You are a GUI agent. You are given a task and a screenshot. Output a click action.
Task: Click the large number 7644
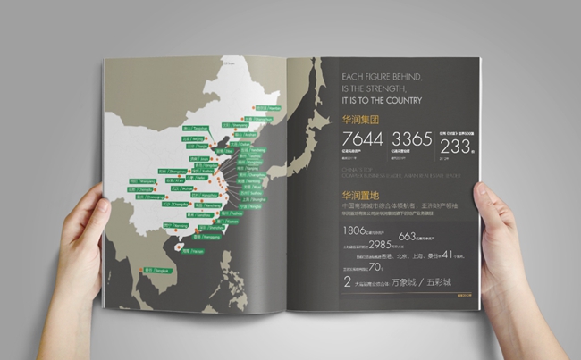(361, 141)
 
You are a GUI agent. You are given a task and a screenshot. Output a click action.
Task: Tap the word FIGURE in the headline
(382, 75)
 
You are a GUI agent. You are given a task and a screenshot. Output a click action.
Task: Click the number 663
(408, 237)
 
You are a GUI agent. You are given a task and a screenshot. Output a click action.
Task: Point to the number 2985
(381, 245)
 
